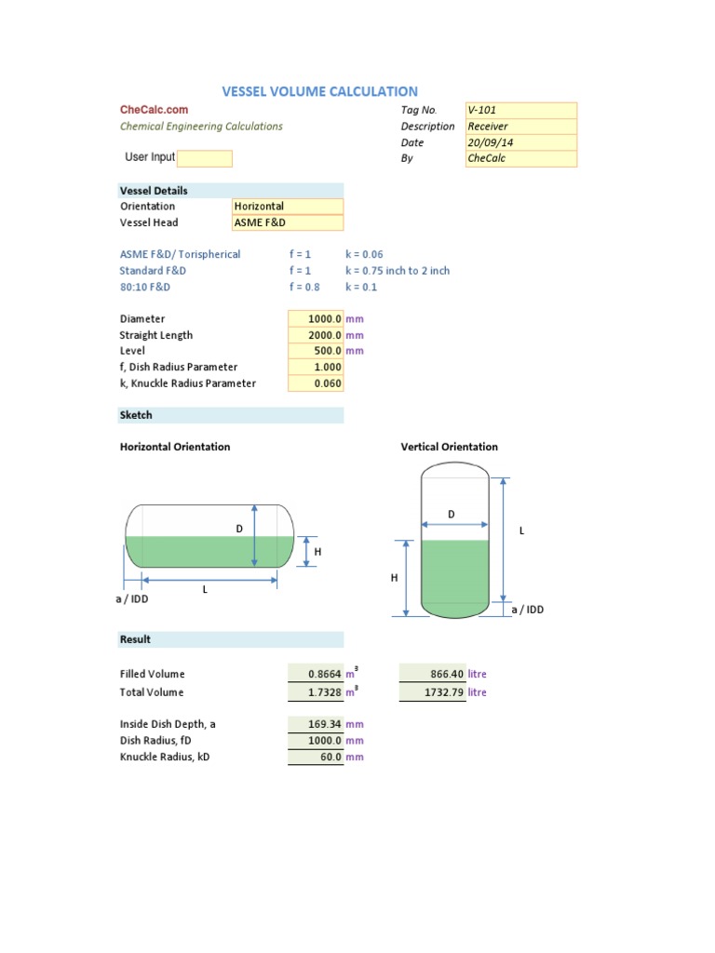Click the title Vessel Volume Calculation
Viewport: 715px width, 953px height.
tap(319, 91)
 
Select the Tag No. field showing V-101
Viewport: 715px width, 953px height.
tap(520, 110)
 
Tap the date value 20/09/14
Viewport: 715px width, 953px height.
tap(520, 142)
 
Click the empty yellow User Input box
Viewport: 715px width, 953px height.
tap(204, 158)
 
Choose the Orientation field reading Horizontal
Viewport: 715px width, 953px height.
tap(287, 207)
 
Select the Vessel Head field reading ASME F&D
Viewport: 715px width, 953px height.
tap(287, 223)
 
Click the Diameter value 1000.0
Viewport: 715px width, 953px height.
tap(316, 319)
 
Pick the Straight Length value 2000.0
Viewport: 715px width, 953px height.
tap(316, 335)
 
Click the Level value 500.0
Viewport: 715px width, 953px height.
tap(316, 351)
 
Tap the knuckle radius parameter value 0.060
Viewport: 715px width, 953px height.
tap(316, 383)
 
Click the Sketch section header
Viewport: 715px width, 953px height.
tap(136, 415)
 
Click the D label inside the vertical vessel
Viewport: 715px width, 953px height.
tap(452, 514)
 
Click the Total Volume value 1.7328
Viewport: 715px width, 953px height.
tap(316, 692)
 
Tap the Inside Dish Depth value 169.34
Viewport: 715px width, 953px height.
tap(316, 724)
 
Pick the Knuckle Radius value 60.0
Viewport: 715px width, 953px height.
tap(316, 758)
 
